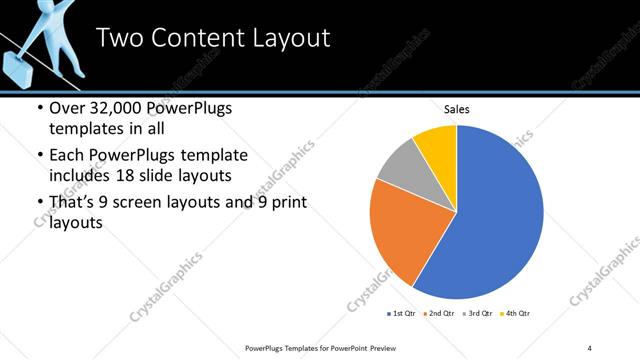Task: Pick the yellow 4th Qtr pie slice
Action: [x=438, y=144]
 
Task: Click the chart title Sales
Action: [x=457, y=109]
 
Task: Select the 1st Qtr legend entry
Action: [x=400, y=313]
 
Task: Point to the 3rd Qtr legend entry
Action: [x=476, y=313]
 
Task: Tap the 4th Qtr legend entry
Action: [x=514, y=313]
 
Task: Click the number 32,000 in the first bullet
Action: [x=110, y=109]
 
